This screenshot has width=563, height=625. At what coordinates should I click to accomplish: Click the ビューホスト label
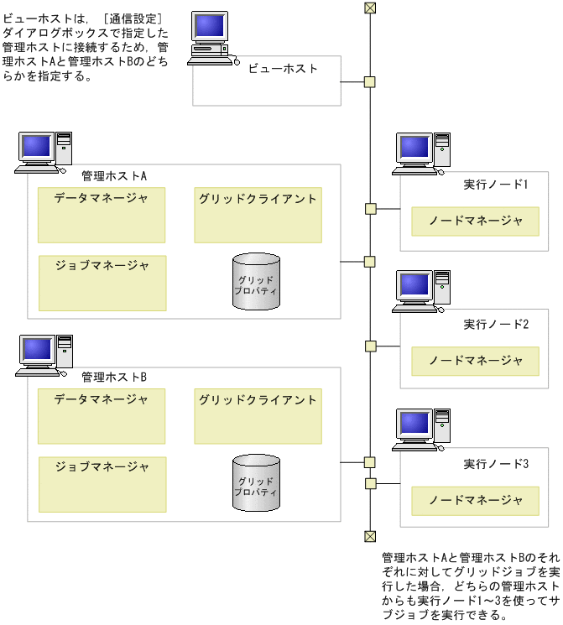coord(283,69)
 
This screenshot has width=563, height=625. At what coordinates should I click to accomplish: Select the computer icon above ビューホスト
coord(209,38)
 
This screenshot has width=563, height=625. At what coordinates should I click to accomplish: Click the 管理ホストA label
coord(114,176)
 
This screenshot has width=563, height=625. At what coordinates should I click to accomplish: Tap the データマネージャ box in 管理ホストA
coord(102,215)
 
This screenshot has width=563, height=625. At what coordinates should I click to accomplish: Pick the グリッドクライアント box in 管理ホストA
coord(258,215)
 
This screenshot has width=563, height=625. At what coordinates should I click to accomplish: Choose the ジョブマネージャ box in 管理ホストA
coord(102,283)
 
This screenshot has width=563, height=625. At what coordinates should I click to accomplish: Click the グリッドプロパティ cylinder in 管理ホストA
coord(255,280)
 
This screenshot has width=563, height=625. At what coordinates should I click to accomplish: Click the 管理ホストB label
coord(114,378)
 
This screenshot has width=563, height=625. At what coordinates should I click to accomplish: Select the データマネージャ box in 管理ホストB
coord(102,416)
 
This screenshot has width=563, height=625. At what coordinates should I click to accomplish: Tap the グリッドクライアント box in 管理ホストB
coord(258,416)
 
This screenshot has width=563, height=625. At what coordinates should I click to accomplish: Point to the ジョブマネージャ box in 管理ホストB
coord(102,484)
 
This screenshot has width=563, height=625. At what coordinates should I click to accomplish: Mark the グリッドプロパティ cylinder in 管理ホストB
coord(255,482)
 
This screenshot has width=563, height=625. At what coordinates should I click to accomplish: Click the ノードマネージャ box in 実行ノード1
coord(475,221)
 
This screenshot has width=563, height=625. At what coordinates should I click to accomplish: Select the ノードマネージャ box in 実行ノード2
coord(475,361)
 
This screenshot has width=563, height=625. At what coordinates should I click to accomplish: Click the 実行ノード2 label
coord(495,324)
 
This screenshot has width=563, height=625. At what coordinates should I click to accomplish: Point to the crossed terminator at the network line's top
coord(369,8)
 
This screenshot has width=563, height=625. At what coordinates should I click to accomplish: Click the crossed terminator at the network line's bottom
coord(369,536)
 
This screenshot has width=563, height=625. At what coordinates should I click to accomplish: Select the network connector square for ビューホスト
coord(369,81)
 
